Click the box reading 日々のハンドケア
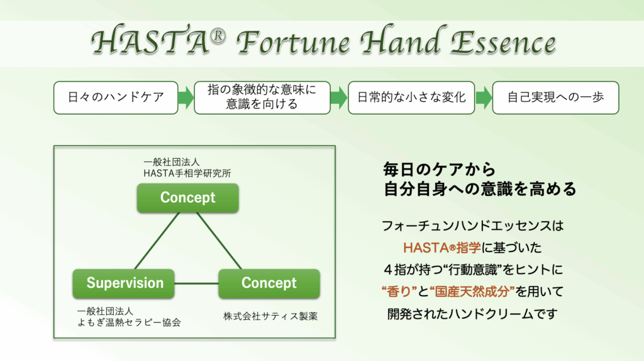(x=116, y=98)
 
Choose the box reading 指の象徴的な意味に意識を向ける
(x=262, y=98)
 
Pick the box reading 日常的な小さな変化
(x=411, y=98)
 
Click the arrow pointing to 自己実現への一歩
(x=484, y=98)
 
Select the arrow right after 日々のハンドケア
(x=186, y=98)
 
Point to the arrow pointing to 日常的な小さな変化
(x=339, y=98)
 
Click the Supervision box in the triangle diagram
(x=125, y=284)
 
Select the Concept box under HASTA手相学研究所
(x=187, y=198)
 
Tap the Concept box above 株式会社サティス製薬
(x=269, y=284)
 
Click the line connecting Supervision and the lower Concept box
(x=197, y=284)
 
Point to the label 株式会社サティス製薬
(x=270, y=316)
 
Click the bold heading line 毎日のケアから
(x=440, y=169)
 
